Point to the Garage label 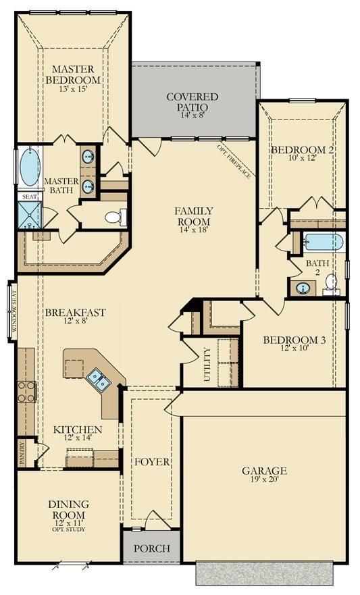pyautogui.click(x=265, y=471)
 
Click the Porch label pyautogui.click(x=151, y=548)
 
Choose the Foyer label pyautogui.click(x=151, y=462)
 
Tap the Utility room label pyautogui.click(x=207, y=365)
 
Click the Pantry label pyautogui.click(x=22, y=453)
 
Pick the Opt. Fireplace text pyautogui.click(x=234, y=162)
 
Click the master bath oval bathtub pyautogui.click(x=29, y=167)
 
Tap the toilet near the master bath pyautogui.click(x=115, y=217)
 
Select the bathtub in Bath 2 pyautogui.click(x=324, y=242)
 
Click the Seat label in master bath pyautogui.click(x=29, y=197)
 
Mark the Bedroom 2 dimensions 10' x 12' pyautogui.click(x=302, y=159)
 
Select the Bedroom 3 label pyautogui.click(x=294, y=340)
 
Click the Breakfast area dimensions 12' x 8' pyautogui.click(x=75, y=322)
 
